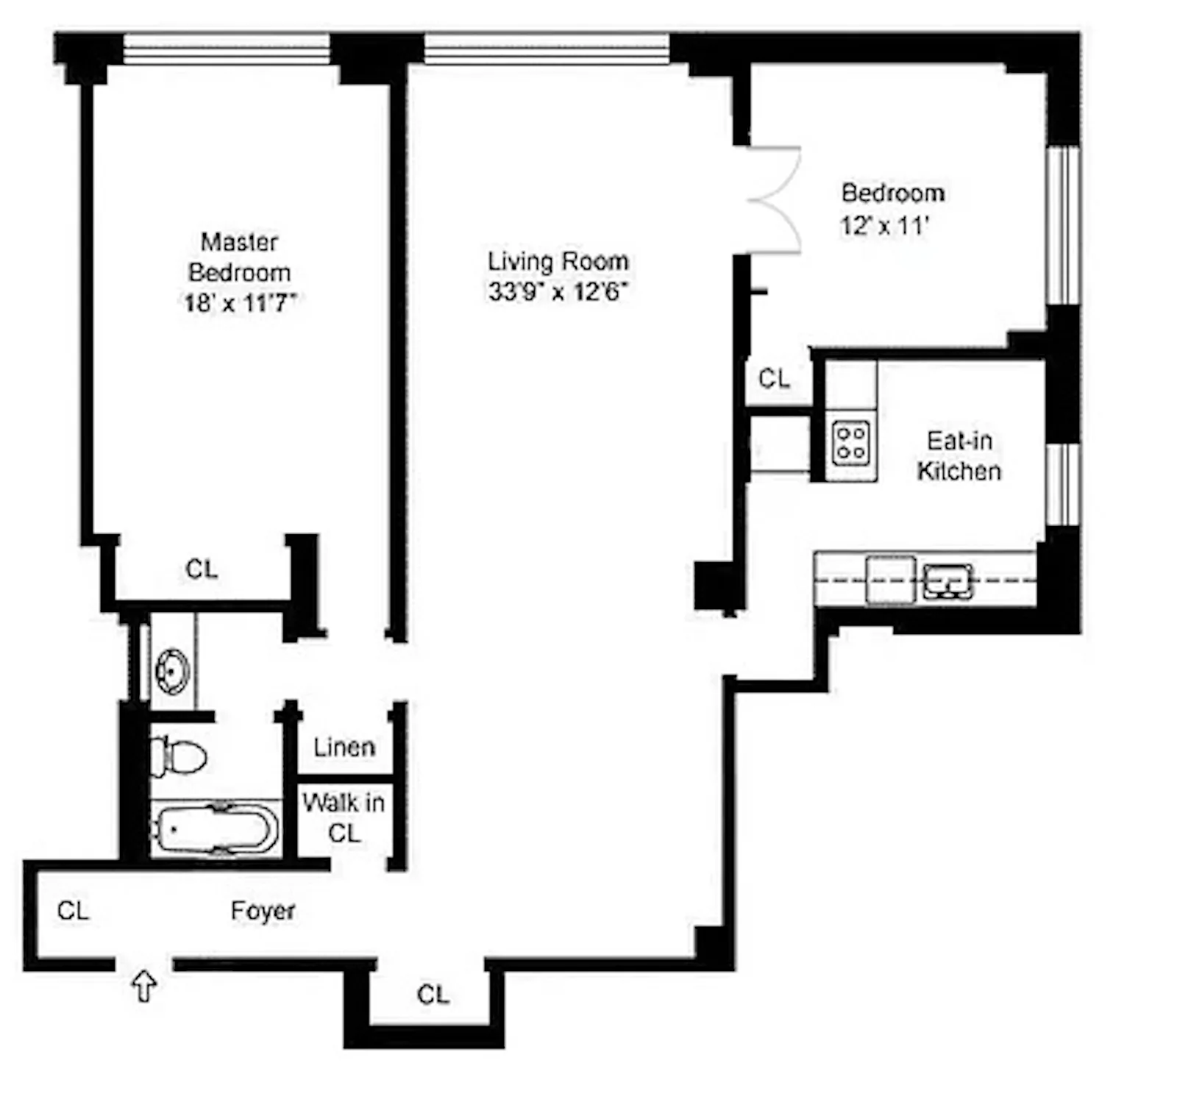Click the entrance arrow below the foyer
[x=144, y=986]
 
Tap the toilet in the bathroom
[x=179, y=756]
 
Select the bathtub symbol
[x=216, y=829]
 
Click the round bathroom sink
[x=172, y=671]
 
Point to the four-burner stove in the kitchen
[x=851, y=444]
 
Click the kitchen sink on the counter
[x=947, y=580]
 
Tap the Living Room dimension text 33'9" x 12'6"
[x=558, y=292]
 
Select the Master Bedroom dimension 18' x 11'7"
[x=239, y=302]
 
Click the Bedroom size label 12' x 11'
[x=885, y=225]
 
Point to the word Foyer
[x=263, y=911]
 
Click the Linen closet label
[x=344, y=747]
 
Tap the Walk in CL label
[x=344, y=817]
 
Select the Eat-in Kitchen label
[x=959, y=456]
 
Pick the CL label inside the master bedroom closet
[x=202, y=569]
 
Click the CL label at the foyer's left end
[x=73, y=911]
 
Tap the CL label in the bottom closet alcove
[x=433, y=995]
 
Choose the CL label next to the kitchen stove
[x=774, y=379]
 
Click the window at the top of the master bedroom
[x=226, y=49]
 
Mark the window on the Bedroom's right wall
[x=1062, y=225]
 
